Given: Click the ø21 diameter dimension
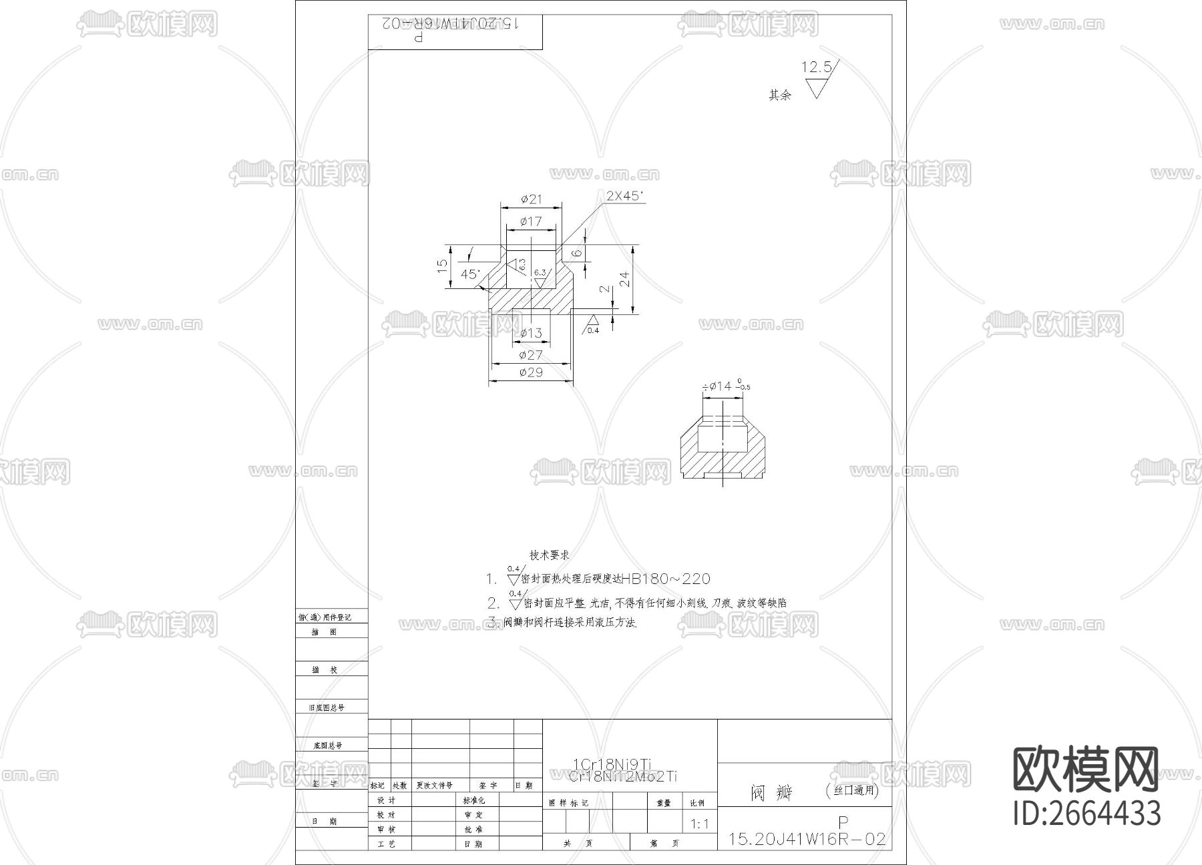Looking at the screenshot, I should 532,199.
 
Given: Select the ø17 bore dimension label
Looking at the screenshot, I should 532,221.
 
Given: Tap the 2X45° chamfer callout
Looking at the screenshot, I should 624,196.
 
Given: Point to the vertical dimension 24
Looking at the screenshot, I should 625,279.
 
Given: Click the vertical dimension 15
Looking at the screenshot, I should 442,266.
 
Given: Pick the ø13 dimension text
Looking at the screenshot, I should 532,333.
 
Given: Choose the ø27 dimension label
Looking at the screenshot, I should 531,355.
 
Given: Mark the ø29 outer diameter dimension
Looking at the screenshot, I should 531,372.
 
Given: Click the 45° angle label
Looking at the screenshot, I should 470,274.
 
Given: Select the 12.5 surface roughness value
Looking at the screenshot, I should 817,67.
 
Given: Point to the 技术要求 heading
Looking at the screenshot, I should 549,555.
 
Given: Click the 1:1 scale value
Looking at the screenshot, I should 699,824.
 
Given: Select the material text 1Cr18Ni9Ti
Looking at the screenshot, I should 612,764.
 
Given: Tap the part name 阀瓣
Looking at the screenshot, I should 771,792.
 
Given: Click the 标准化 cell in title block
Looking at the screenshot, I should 473,800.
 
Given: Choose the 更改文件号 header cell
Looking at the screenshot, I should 434,786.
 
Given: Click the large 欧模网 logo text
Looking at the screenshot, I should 1086,770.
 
